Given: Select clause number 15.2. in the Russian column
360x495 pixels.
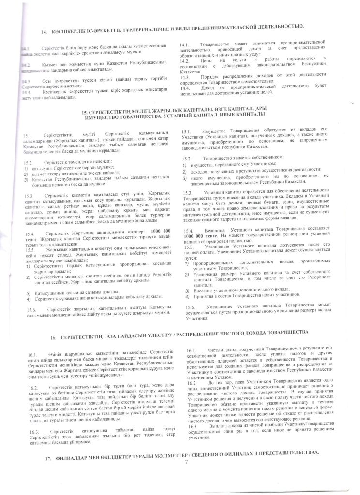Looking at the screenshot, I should point(186,159).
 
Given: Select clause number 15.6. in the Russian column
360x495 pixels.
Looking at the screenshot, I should point(186,307).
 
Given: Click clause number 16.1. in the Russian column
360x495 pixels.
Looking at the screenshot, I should point(186,349).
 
